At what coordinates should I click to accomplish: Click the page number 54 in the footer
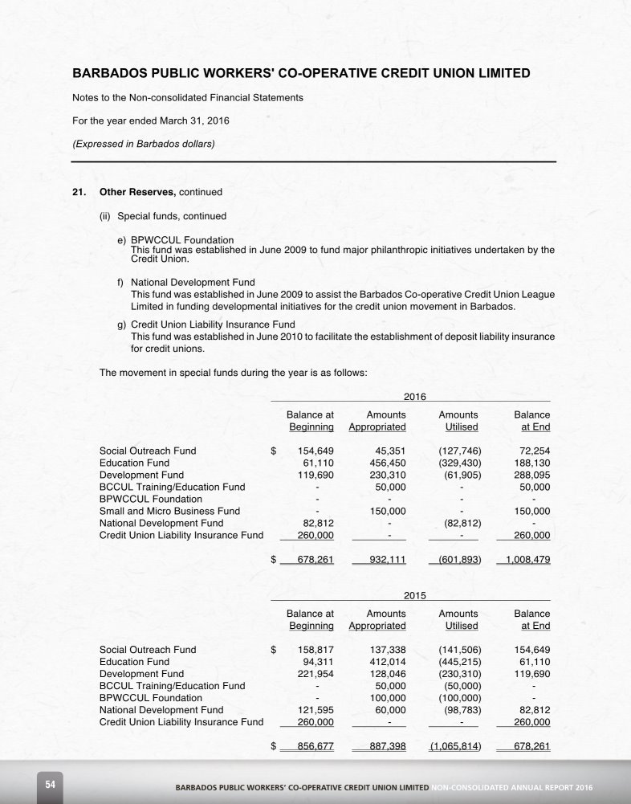tap(50, 784)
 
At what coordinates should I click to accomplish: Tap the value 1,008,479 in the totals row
tap(523, 559)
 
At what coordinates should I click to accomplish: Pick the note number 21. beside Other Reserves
tap(80, 193)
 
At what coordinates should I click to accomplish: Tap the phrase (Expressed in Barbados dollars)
tap(144, 144)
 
